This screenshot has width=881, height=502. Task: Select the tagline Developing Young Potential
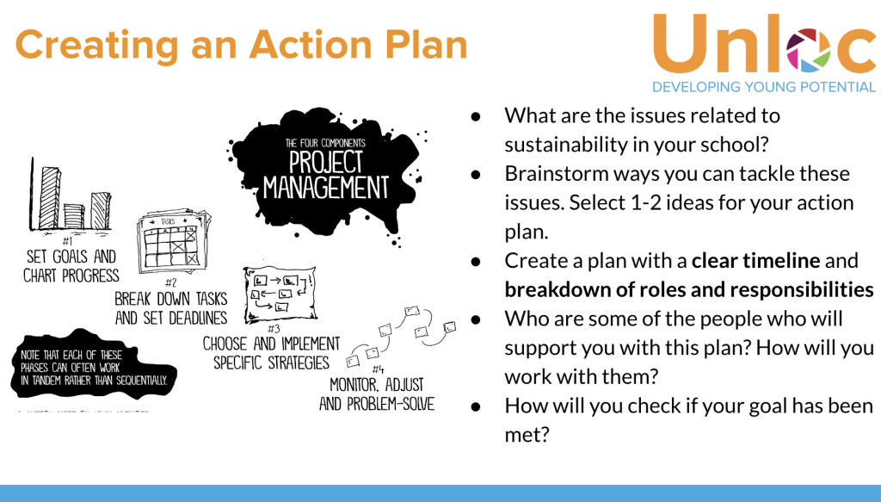coord(764,87)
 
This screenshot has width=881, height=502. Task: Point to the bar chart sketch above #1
coord(71,196)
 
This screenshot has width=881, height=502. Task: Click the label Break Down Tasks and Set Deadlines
coord(170,307)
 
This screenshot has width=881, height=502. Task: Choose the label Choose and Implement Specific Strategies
coord(271,352)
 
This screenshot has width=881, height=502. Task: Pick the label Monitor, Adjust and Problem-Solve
coord(377,394)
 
